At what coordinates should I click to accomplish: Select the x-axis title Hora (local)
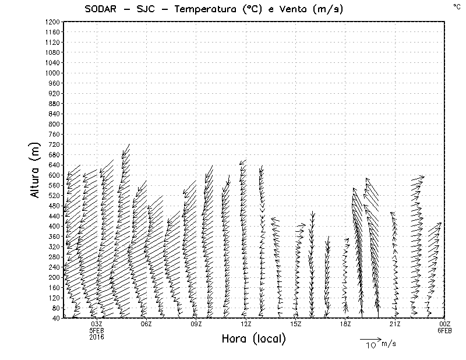[253, 338]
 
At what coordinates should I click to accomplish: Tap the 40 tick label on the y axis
[56, 318]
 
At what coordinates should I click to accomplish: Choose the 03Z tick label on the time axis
[97, 324]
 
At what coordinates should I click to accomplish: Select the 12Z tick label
[246, 324]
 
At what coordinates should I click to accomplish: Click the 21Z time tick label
[395, 324]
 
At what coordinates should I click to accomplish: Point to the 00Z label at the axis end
[444, 324]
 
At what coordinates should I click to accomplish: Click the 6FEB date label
[444, 330]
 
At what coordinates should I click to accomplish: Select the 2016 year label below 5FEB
[97, 337]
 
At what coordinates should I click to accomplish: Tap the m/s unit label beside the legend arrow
[389, 343]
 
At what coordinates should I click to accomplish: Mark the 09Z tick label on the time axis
[196, 324]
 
